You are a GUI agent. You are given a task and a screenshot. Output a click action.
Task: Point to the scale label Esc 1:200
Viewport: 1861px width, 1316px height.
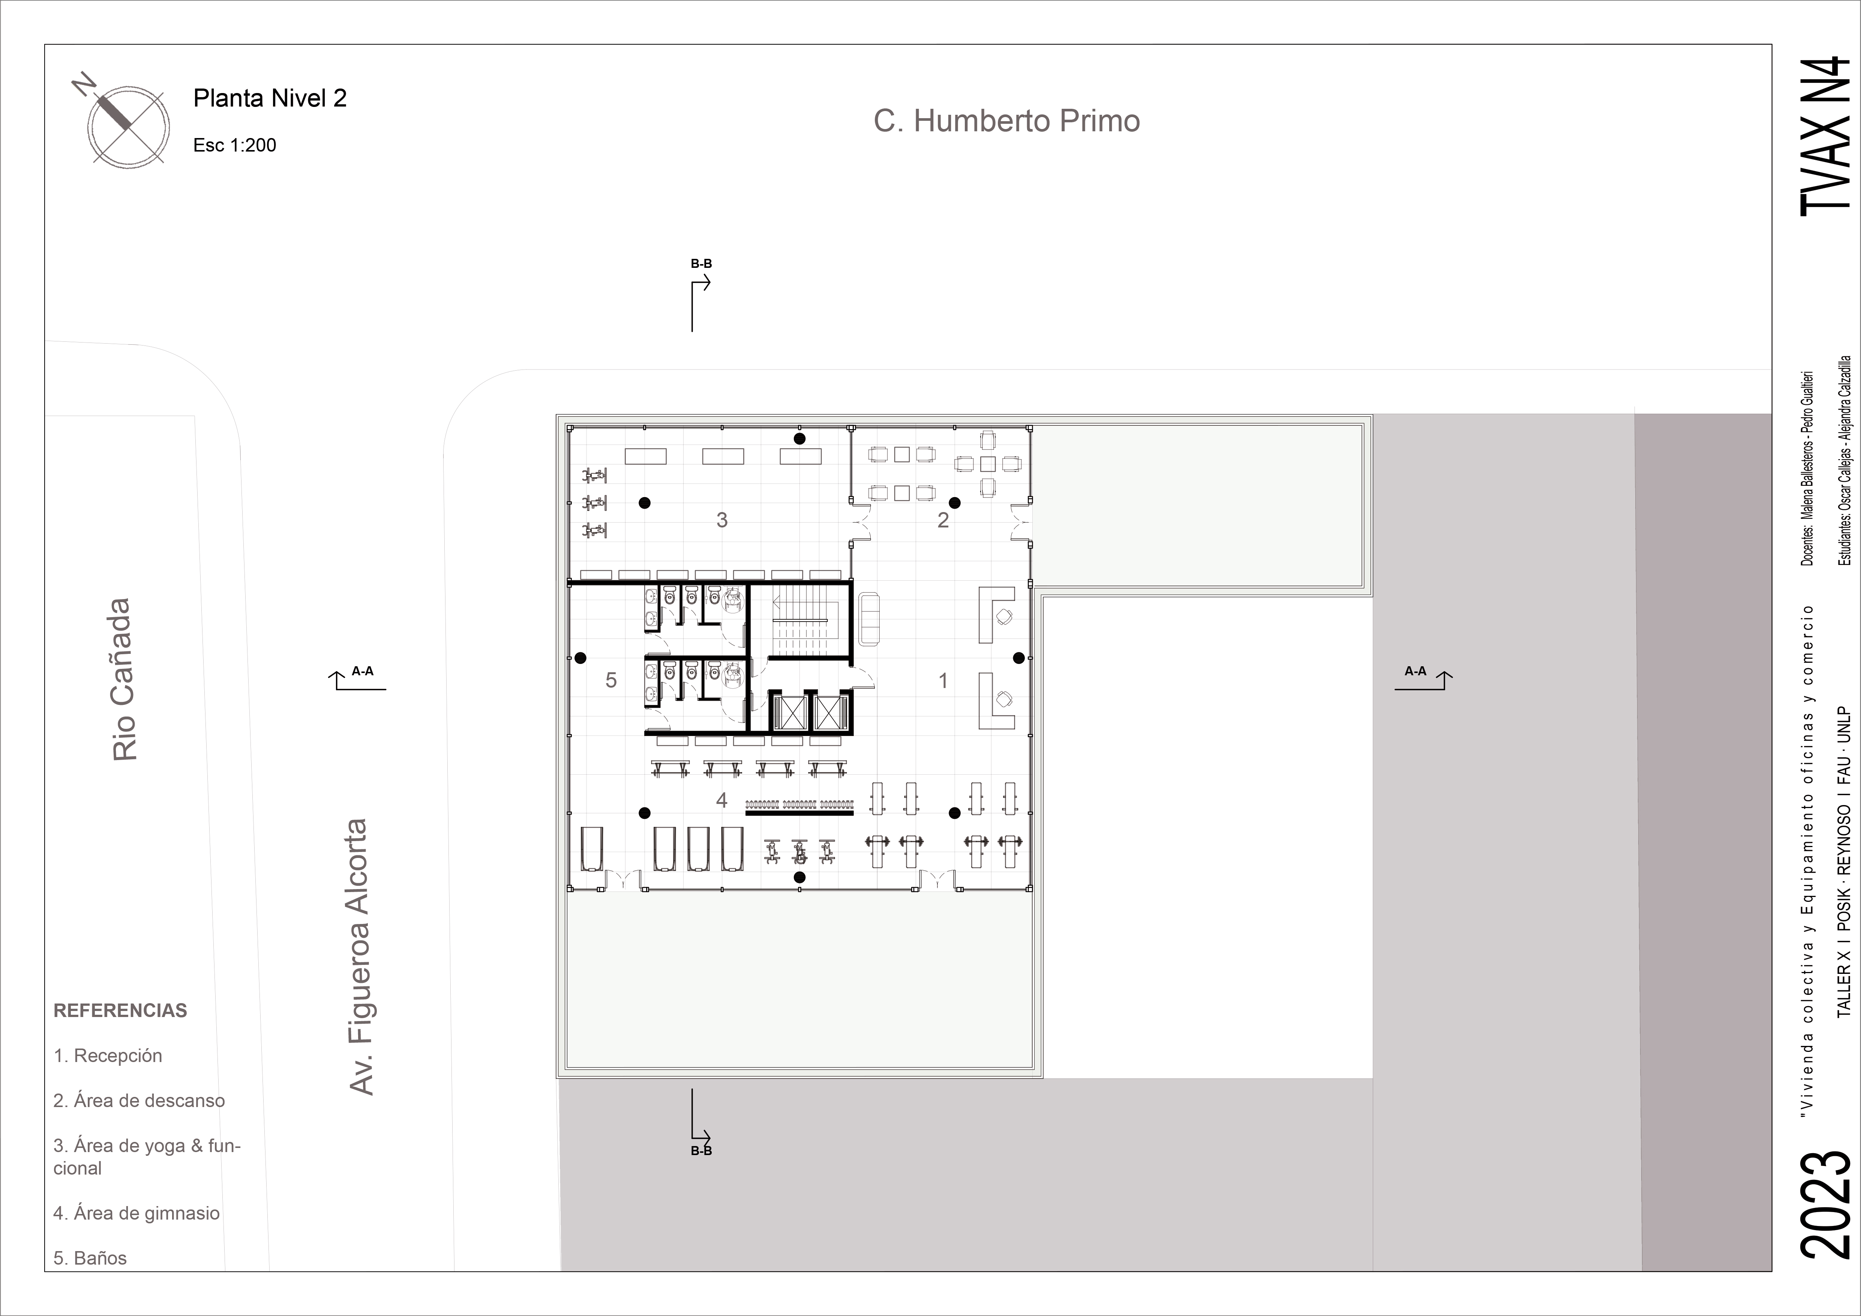point(234,145)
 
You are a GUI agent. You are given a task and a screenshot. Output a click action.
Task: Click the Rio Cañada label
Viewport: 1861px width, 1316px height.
point(124,679)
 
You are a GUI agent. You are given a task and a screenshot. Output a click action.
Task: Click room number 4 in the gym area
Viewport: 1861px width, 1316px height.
point(721,800)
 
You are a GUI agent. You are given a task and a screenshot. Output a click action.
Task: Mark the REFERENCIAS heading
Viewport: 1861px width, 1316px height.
point(120,1010)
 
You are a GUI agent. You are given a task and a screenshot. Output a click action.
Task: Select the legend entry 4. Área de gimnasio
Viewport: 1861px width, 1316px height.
point(136,1213)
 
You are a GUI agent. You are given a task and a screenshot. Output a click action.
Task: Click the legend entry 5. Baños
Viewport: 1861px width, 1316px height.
point(90,1257)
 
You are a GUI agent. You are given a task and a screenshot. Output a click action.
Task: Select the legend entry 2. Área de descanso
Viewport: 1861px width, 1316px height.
point(139,1100)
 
